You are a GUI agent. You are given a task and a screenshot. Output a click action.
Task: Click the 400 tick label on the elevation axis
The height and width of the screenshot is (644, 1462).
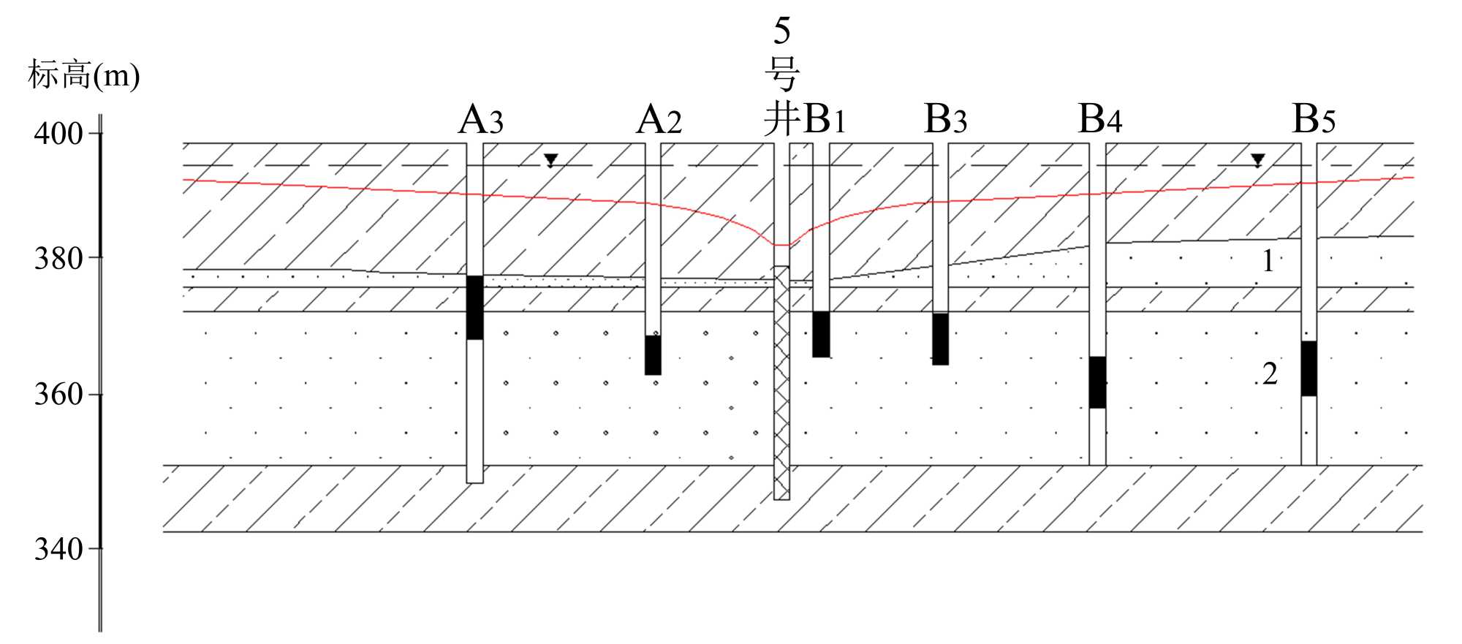pos(58,134)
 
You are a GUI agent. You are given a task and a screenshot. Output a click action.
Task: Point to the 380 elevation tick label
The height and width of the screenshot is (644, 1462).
pos(58,258)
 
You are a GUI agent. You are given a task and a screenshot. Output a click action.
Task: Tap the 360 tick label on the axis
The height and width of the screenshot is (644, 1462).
pos(58,395)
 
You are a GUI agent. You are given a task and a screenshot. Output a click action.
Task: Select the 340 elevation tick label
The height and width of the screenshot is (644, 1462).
pos(58,549)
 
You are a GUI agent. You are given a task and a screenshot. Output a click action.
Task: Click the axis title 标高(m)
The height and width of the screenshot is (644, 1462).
pos(83,75)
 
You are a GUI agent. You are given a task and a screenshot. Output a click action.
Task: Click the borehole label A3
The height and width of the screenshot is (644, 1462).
pos(480,120)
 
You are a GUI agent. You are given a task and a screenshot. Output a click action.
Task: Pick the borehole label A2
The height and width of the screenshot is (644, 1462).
pos(659,120)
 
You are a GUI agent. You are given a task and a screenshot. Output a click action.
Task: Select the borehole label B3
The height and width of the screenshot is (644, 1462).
pos(945,120)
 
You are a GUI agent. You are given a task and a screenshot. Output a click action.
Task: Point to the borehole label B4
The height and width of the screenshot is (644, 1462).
pos(1099,120)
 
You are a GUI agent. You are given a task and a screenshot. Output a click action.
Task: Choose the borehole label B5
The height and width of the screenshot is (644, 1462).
pos(1314,119)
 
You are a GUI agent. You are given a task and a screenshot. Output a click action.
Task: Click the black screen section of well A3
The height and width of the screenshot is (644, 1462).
pos(475,307)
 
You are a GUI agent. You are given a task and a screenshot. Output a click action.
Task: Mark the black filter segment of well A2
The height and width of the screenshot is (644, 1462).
pos(653,355)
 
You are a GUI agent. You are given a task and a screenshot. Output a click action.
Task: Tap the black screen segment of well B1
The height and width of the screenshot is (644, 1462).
pos(821,334)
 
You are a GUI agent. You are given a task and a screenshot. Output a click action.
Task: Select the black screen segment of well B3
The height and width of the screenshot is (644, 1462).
pos(940,339)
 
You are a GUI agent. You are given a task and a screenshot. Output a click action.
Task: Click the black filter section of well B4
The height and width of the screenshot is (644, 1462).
pos(1097,382)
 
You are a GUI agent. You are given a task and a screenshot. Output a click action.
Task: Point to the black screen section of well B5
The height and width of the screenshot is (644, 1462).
pos(1308,368)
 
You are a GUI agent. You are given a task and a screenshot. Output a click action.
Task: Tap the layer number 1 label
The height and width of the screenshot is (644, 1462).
pos(1268,261)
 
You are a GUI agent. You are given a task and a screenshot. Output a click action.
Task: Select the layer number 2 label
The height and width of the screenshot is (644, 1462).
pos(1270,374)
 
